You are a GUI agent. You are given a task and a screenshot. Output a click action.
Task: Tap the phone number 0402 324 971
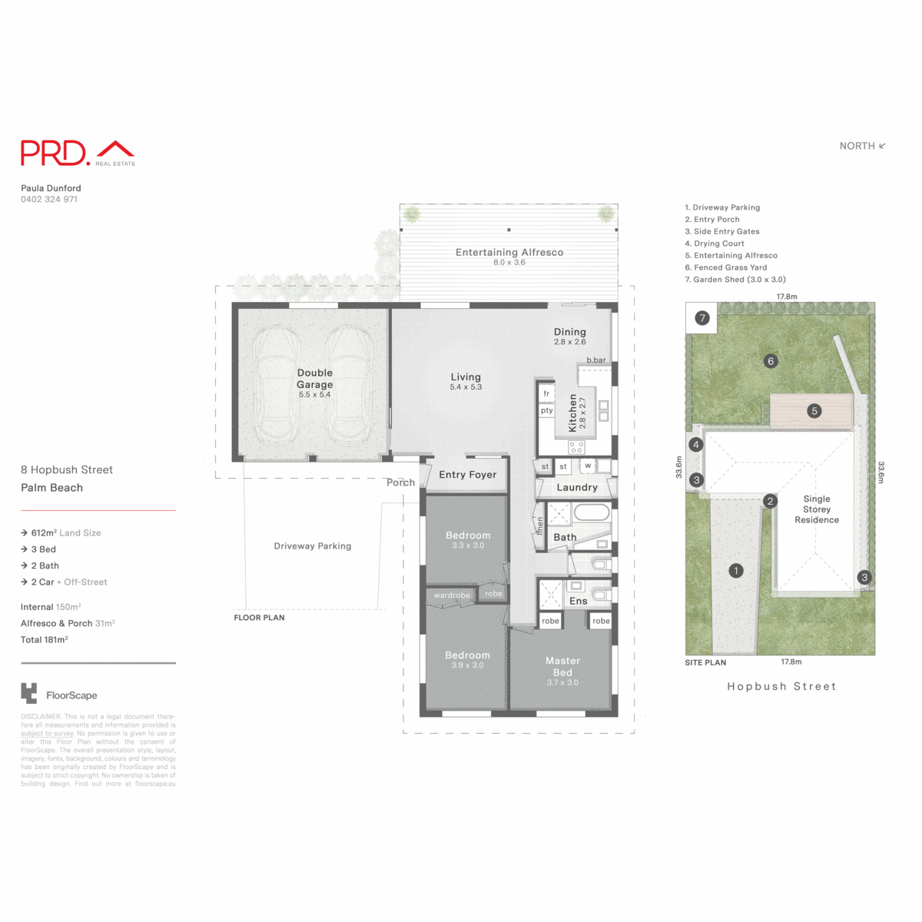click(49, 200)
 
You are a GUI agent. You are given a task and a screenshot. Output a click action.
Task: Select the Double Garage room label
click(315, 379)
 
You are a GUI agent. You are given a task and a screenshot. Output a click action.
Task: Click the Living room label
click(466, 377)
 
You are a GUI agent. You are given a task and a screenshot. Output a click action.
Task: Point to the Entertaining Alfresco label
click(509, 253)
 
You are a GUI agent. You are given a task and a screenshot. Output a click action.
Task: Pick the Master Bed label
click(562, 666)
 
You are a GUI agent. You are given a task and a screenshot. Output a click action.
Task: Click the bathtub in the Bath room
click(591, 512)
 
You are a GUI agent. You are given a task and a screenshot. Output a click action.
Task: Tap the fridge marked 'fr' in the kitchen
click(546, 394)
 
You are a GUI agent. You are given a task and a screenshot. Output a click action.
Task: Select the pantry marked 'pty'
click(546, 411)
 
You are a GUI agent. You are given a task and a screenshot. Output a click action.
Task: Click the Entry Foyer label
click(467, 475)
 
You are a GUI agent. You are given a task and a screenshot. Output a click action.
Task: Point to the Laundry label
click(576, 487)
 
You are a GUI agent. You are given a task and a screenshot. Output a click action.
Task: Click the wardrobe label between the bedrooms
click(452, 595)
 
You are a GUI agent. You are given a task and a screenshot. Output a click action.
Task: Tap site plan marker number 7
click(701, 318)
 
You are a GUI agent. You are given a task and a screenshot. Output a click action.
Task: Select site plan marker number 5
click(814, 411)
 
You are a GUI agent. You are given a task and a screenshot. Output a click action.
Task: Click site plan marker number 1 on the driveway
click(736, 571)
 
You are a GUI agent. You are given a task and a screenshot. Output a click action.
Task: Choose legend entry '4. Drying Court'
click(715, 244)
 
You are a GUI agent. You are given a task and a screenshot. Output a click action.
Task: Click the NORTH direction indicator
click(862, 146)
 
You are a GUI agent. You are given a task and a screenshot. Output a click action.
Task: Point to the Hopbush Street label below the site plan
click(781, 687)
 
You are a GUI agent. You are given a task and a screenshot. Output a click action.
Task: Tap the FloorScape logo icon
click(29, 694)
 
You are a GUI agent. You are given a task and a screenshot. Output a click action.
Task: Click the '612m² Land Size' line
click(65, 533)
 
